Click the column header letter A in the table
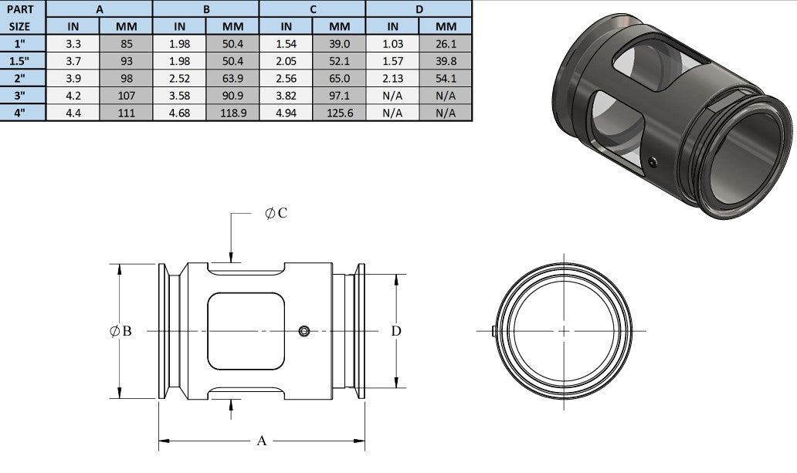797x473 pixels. click(x=100, y=9)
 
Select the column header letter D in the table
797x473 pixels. click(x=419, y=9)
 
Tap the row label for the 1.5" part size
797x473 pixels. click(x=23, y=60)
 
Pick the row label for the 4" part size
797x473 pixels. click(x=23, y=113)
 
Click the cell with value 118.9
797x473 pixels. click(x=232, y=113)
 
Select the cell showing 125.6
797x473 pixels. click(x=339, y=113)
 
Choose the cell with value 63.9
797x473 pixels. click(x=232, y=78)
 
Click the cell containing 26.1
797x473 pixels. click(x=446, y=43)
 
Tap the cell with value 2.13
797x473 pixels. click(x=392, y=78)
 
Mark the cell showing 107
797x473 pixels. click(x=126, y=96)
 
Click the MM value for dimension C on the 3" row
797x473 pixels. click(x=339, y=96)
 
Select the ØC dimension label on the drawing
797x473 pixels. click(x=276, y=214)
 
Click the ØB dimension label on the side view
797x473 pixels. click(x=120, y=331)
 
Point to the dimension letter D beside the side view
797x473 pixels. click(x=396, y=331)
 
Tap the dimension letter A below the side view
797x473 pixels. click(x=262, y=441)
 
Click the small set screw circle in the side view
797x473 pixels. click(x=304, y=331)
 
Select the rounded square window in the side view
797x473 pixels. click(x=246, y=331)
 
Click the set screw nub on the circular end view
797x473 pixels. click(x=493, y=331)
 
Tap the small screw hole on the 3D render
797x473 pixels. click(x=654, y=161)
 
